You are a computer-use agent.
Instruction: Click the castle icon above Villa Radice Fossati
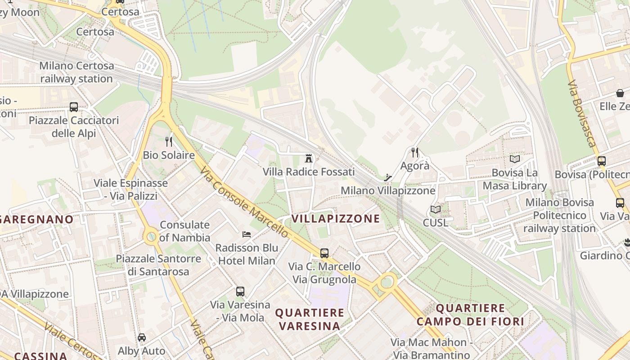coord(309,158)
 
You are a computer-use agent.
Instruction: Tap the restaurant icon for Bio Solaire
coord(169,142)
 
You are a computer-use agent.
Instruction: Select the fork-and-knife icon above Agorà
coord(415,153)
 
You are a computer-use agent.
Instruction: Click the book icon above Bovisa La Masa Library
coord(515,159)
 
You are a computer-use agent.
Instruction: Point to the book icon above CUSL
coord(435,209)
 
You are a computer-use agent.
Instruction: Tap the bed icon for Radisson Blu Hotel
coord(247,234)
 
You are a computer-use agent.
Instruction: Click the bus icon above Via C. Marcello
coord(324,253)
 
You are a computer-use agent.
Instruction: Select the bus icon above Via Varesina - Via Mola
coord(240,291)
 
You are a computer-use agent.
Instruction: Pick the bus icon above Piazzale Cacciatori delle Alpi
coord(74,107)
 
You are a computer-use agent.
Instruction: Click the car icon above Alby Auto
coord(142,337)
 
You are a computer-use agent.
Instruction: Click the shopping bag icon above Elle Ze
coord(620,93)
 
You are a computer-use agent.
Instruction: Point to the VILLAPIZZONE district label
coord(336,219)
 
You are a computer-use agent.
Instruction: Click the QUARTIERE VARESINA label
coord(310,319)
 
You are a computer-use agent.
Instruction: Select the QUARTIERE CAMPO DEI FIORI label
coord(470,315)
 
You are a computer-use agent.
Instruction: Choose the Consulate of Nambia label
coord(185,231)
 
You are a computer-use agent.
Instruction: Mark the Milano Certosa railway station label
coord(76,72)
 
